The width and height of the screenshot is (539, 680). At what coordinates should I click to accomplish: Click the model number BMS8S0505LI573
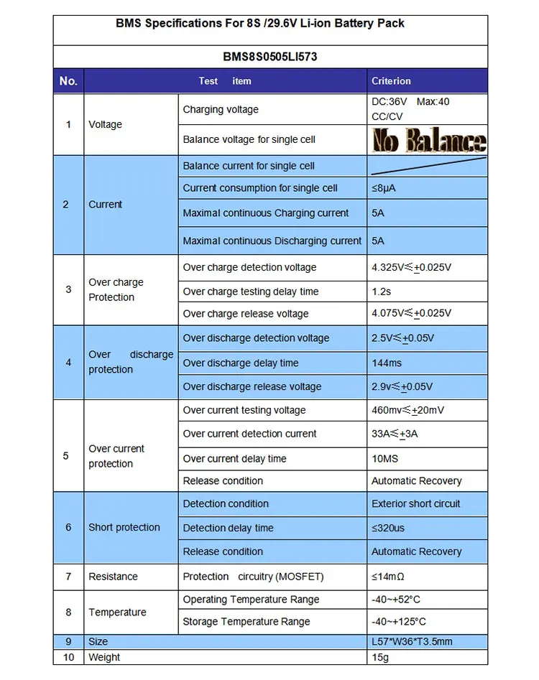[269, 57]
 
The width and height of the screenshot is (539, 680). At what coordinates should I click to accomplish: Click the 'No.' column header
[68, 81]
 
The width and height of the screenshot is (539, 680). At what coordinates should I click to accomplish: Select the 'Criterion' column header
[391, 81]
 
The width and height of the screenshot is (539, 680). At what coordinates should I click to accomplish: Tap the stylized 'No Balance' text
[429, 140]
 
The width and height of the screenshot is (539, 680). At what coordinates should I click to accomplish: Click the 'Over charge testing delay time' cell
[251, 292]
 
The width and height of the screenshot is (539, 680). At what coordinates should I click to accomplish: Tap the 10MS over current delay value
[384, 458]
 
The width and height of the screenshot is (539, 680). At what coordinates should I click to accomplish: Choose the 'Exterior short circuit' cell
[415, 503]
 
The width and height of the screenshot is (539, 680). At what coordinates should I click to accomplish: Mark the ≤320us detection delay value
[388, 528]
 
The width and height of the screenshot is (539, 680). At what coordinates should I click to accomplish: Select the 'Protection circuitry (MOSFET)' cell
[253, 577]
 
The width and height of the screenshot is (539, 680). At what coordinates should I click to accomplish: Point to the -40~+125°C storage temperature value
[405, 622]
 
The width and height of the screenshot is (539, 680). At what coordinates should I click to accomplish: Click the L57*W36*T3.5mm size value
[412, 642]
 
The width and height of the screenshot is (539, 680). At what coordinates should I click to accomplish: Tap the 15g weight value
[379, 657]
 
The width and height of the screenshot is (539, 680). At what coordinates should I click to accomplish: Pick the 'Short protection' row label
[124, 527]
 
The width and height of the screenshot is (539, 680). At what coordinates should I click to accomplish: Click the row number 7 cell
[68, 577]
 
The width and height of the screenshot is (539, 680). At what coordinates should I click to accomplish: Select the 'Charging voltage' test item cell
[221, 110]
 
